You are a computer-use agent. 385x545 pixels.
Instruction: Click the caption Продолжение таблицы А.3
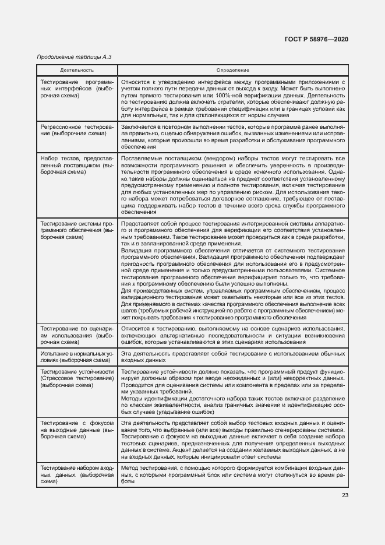click(x=73, y=57)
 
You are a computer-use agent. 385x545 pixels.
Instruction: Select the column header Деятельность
click(x=76, y=69)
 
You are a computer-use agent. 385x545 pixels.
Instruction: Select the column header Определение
click(x=232, y=69)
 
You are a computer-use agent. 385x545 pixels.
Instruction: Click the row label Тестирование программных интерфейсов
click(x=76, y=90)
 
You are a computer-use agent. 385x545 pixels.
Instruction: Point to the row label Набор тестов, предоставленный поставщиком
click(x=76, y=166)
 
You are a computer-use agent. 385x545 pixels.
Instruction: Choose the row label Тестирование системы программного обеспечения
click(x=76, y=230)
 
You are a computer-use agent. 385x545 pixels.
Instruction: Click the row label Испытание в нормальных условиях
click(x=76, y=357)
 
